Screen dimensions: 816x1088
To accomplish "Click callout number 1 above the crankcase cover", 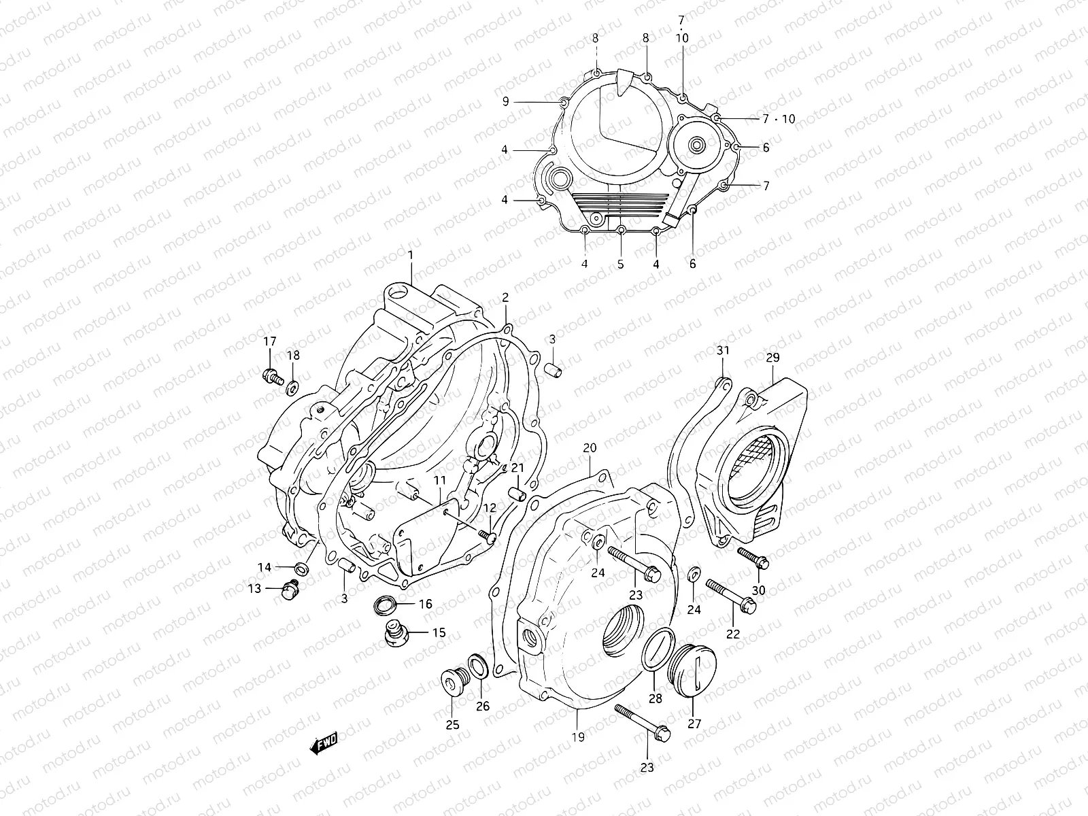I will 411,254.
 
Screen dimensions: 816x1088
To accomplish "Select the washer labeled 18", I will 292,388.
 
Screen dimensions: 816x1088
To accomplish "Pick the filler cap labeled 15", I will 394,632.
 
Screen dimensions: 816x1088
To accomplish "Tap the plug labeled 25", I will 451,681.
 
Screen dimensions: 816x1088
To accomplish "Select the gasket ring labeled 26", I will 477,667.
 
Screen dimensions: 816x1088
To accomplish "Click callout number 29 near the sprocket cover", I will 772,357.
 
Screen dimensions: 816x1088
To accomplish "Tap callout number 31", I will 722,351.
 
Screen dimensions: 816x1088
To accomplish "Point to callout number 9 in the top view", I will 505,101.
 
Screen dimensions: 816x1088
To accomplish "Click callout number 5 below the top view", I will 620,264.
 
